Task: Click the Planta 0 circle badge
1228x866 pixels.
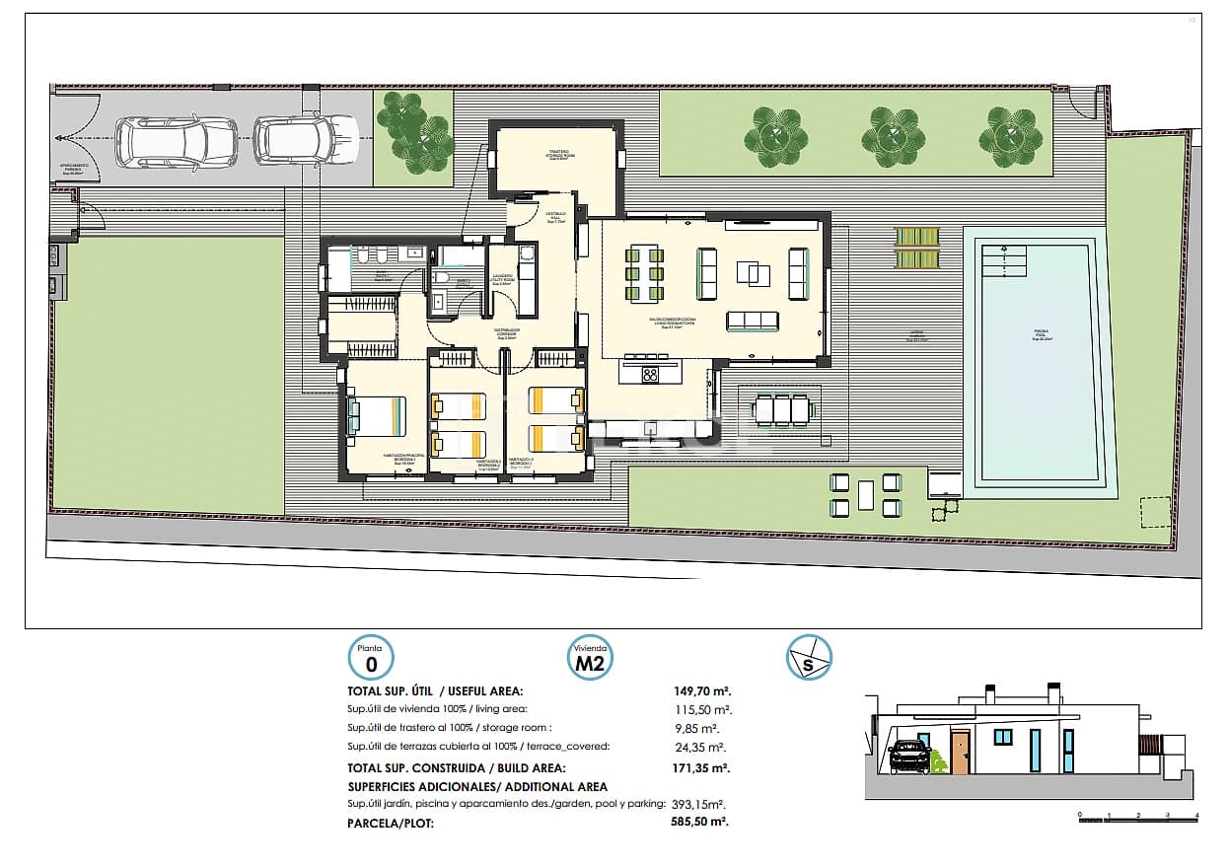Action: [x=370, y=658]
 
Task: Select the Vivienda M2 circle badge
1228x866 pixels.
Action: [x=590, y=658]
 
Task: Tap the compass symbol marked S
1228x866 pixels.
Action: [x=809, y=658]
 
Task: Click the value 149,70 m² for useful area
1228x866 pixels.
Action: [x=701, y=691]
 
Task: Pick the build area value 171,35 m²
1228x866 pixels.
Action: [x=701, y=767]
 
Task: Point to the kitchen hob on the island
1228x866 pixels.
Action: [x=651, y=374]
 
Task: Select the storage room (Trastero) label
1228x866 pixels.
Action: [x=558, y=154]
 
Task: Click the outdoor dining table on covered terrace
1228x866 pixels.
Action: [x=784, y=408]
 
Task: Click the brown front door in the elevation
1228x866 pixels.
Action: [x=960, y=753]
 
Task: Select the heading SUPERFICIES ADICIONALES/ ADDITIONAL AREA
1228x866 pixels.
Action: [x=477, y=786]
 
